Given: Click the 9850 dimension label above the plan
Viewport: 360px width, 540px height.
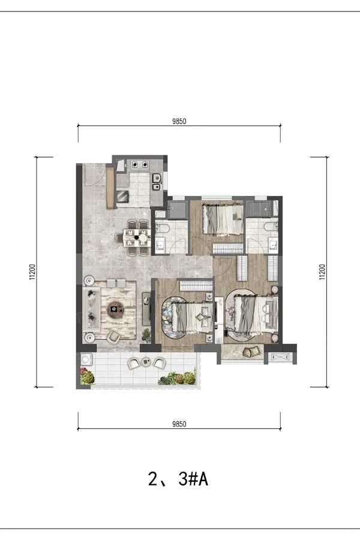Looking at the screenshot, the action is (179, 121).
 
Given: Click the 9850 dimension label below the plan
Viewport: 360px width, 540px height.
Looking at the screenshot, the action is (179, 424).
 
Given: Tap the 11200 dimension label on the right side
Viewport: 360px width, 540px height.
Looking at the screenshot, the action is (322, 272).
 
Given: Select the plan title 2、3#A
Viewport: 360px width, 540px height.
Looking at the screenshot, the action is (178, 479).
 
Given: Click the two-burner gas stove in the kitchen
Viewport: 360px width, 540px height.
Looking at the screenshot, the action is (140, 165).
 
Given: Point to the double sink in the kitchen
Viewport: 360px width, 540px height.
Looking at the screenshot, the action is (157, 182).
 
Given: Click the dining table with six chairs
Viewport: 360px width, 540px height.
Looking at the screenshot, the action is (136, 237).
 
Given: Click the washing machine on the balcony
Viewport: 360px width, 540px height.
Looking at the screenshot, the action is (85, 359).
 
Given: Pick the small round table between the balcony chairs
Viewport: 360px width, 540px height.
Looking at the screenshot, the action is (147, 362).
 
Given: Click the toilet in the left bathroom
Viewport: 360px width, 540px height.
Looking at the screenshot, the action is (161, 227).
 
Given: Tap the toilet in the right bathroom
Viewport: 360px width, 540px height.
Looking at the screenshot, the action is (271, 226).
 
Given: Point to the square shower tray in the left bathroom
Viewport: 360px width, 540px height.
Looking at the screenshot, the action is (178, 210).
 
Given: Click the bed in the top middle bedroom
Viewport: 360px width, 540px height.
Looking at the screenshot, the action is (223, 220).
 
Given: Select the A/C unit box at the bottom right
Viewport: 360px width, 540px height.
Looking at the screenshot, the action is (280, 358).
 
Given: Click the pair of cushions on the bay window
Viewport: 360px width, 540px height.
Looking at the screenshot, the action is (251, 352).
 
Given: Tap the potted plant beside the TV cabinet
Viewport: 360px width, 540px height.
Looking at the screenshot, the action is (146, 335).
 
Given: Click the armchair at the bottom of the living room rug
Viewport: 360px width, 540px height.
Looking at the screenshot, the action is (113, 336).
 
